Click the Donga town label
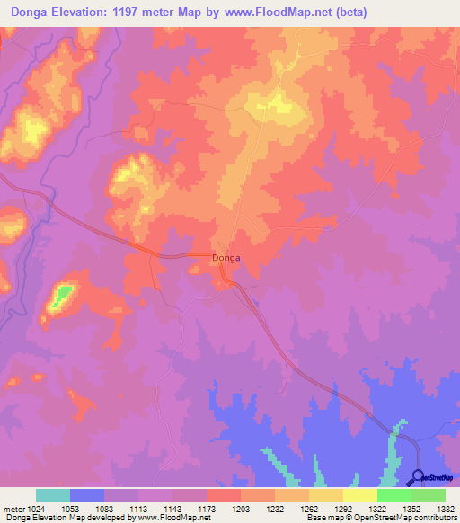coord(226,258)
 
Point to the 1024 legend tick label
coord(36,509)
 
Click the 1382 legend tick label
coord(445,509)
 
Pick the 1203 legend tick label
coord(241,509)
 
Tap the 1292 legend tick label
coord(343,509)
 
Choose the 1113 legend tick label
coord(138,509)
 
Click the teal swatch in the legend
coord(53,495)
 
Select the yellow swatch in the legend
coord(360,495)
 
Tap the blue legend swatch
coord(87,495)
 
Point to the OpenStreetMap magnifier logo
coord(417,476)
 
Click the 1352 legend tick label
coord(411,509)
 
